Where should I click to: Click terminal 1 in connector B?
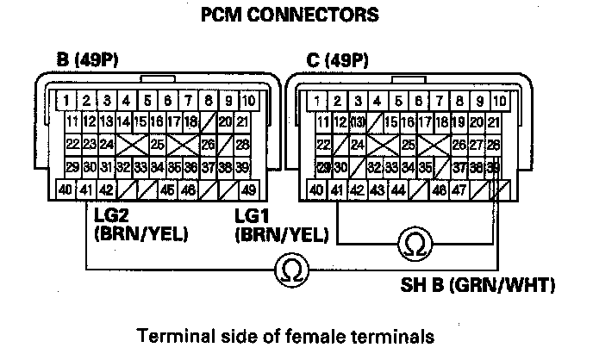(66, 100)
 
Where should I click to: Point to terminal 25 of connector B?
(157, 144)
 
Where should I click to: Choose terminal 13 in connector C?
(356, 121)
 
